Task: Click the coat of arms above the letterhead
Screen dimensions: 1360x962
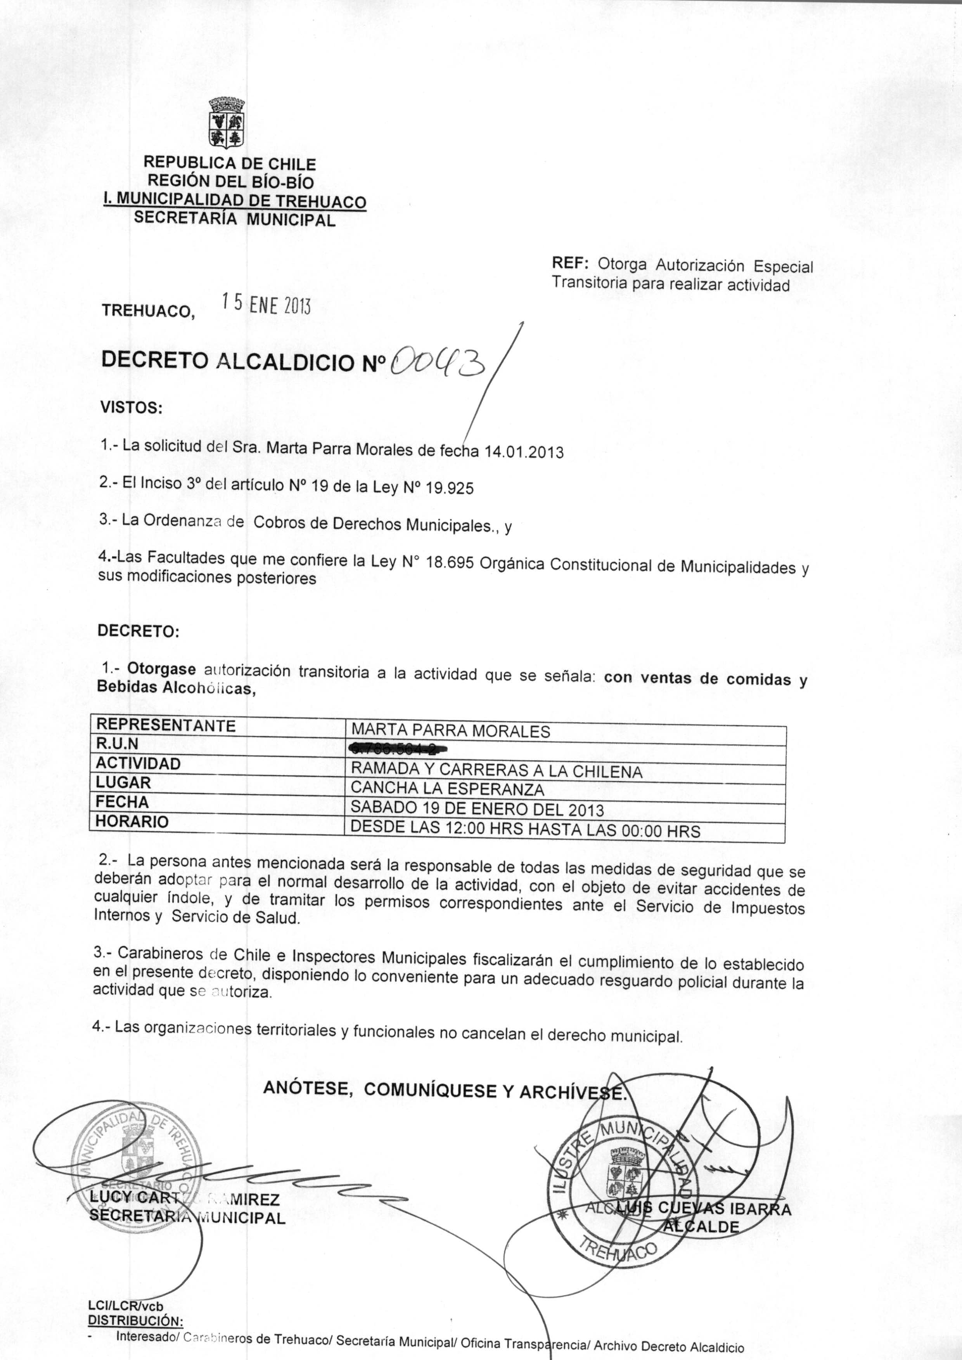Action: coord(227,122)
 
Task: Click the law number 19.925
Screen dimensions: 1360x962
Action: coord(450,488)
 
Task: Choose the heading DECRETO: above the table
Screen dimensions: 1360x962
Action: coord(138,631)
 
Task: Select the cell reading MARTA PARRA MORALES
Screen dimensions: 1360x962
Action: coord(450,731)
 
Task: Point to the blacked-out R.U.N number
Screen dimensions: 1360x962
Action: coord(398,749)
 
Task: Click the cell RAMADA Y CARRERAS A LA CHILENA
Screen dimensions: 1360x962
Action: coord(497,770)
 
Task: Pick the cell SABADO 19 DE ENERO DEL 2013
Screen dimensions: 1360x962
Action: coord(477,809)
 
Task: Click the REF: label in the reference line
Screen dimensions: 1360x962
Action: coord(569,262)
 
